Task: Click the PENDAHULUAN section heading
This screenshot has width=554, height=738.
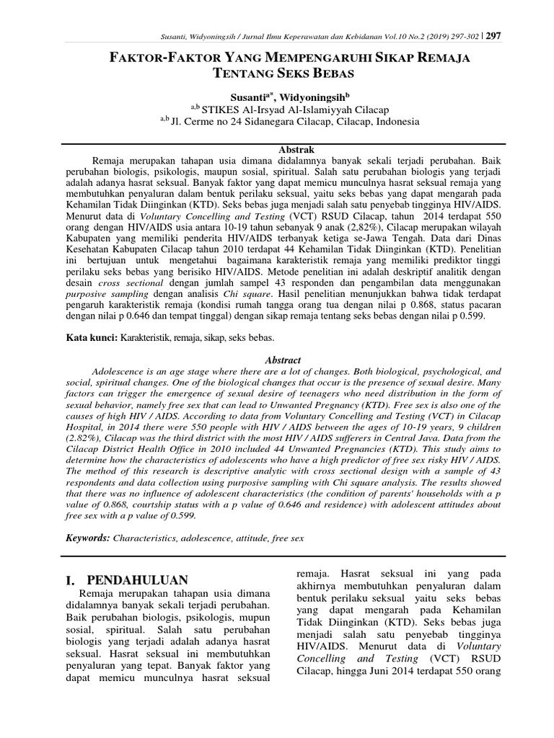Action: [x=137, y=580]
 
